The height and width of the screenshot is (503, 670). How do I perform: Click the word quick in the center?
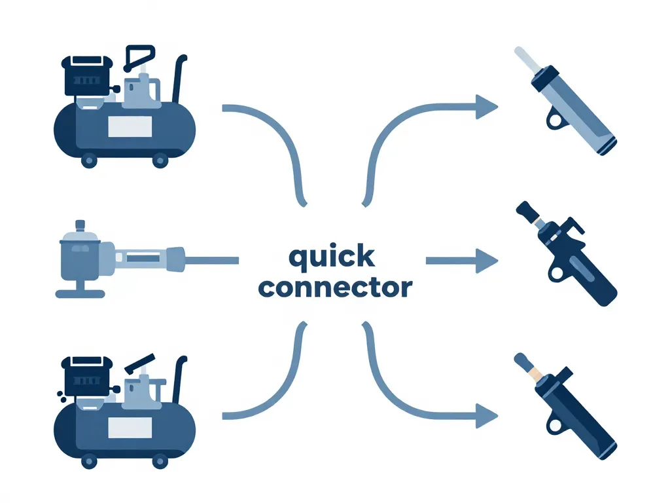(332, 257)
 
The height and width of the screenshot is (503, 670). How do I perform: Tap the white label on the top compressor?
(129, 126)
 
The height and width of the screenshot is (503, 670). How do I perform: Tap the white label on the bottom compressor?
(129, 429)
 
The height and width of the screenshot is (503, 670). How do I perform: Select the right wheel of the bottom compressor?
(159, 462)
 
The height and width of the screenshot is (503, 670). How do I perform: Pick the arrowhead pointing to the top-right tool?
(487, 106)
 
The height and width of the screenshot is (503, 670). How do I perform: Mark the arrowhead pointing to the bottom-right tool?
(487, 414)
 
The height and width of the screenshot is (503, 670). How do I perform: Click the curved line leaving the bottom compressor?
(275, 386)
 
